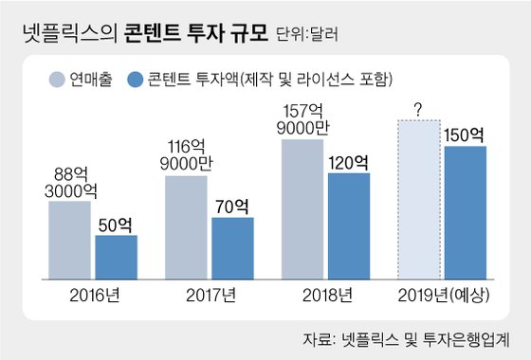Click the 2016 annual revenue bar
[70, 240]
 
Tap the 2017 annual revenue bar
[187, 227]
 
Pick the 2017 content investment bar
[232, 248]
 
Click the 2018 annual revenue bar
[302, 209]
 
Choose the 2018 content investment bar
[349, 226]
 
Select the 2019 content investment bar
[466, 213]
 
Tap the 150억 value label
[465, 134]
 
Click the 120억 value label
[348, 162]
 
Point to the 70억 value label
[232, 206]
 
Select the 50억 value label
[116, 225]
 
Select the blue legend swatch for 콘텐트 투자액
[135, 78]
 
